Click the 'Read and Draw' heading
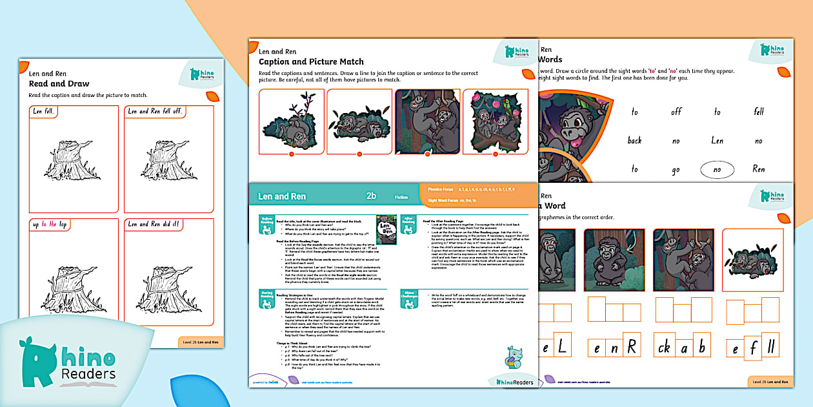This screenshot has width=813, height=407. (59, 84)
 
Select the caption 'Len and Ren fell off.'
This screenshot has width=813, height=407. (155, 111)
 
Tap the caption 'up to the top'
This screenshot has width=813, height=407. (50, 224)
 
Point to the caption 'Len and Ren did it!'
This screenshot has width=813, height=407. (154, 224)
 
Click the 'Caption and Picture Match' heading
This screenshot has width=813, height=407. (311, 62)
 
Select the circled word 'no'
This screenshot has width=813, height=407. (718, 169)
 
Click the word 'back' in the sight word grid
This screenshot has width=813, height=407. (635, 140)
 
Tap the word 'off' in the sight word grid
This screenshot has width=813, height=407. (676, 112)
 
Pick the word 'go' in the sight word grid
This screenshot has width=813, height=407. (676, 169)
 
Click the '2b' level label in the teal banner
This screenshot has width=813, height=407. (371, 196)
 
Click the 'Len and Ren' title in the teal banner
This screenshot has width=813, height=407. (282, 196)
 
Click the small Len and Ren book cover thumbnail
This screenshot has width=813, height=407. (386, 229)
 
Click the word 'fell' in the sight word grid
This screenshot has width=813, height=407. (759, 112)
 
